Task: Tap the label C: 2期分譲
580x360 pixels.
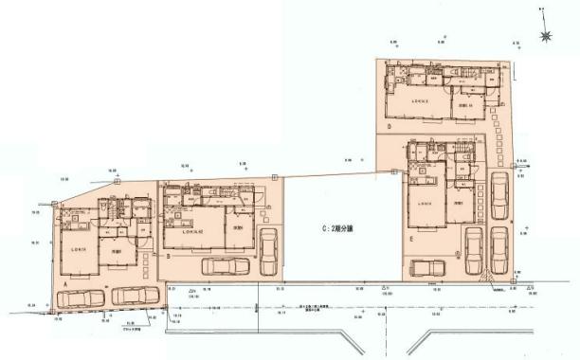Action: [x=334, y=228]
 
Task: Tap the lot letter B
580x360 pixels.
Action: [x=167, y=256]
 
